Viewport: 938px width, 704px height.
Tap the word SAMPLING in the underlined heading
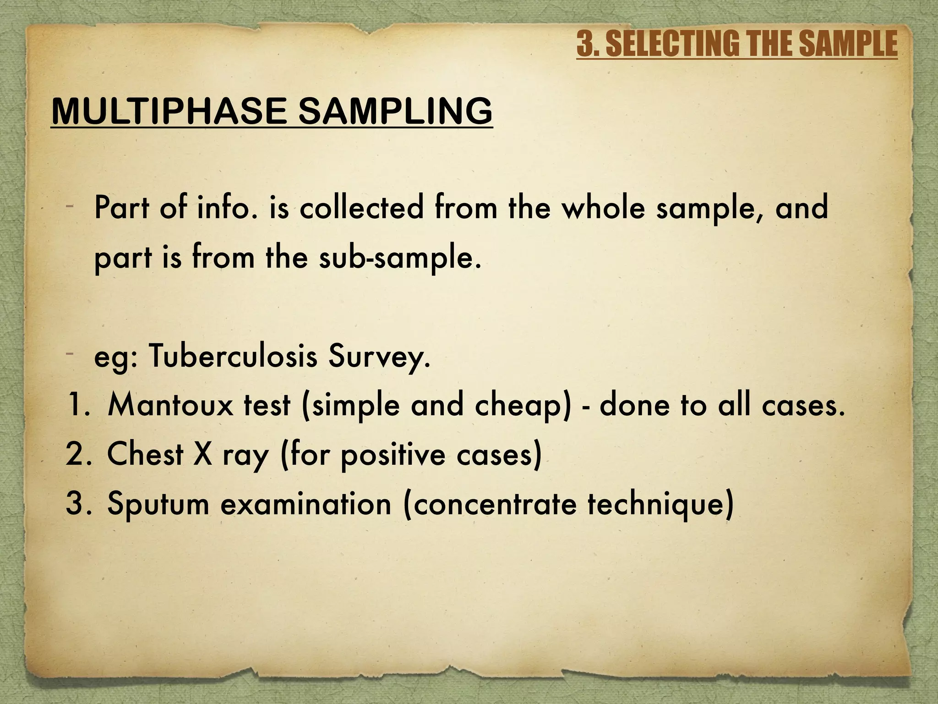[x=395, y=111]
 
